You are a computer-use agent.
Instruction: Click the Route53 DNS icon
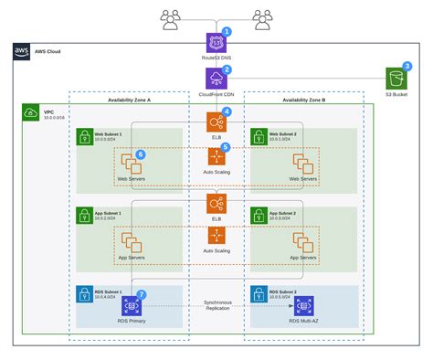point(216,42)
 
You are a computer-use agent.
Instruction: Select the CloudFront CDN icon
point(216,79)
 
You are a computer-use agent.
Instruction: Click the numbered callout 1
point(227,31)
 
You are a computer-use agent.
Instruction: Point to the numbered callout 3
point(407,67)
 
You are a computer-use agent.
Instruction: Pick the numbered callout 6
point(141,154)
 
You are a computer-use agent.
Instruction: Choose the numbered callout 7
point(141,294)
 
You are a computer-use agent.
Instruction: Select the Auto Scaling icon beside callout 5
point(216,157)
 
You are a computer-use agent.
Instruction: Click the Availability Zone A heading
point(129,100)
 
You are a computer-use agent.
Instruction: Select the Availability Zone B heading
point(303,100)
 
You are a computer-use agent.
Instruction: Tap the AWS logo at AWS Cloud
point(22,52)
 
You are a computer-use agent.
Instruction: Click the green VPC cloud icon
point(27,113)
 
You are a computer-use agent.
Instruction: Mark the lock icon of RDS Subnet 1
point(83,296)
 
